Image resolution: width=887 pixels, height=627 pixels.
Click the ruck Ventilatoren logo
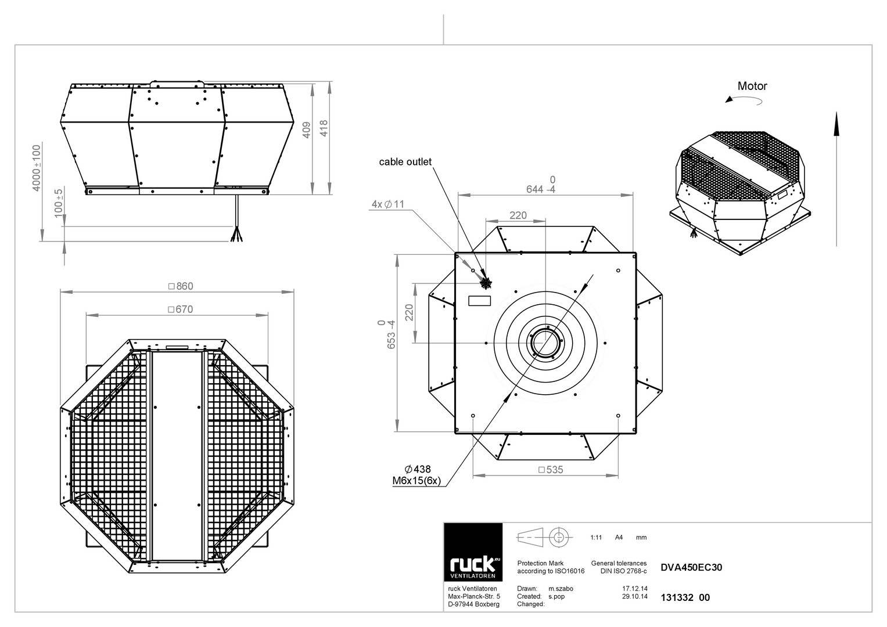(473, 552)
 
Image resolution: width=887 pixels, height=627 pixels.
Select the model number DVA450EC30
(691, 567)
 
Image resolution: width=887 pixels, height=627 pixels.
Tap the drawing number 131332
(677, 597)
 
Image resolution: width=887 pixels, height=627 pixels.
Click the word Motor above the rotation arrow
(752, 86)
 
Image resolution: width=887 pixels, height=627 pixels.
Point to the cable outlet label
(405, 161)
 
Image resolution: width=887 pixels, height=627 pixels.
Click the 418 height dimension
(324, 128)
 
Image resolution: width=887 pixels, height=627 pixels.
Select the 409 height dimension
(307, 130)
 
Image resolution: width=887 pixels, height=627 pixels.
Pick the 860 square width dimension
(181, 286)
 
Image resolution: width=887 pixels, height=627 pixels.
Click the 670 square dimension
(181, 309)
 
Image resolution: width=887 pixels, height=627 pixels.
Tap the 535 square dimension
(551, 470)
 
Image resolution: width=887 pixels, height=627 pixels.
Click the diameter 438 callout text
(418, 469)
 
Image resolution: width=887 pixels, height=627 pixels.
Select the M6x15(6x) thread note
(416, 481)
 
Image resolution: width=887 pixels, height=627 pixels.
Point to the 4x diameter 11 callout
(387, 204)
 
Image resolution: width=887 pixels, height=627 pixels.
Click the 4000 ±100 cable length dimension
(37, 168)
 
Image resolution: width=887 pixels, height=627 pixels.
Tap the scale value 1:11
(596, 538)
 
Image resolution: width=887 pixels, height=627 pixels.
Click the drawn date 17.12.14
(635, 589)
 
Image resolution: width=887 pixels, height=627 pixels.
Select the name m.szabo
(561, 589)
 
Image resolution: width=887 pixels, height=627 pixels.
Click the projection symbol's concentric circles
(559, 538)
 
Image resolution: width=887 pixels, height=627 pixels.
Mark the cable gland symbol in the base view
(486, 283)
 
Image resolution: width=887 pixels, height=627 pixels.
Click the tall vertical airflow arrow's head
(836, 124)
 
